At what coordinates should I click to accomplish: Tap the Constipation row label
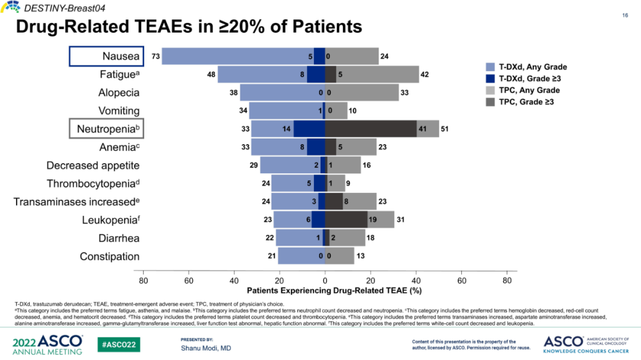[110, 256]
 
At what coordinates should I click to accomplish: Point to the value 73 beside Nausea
[156, 56]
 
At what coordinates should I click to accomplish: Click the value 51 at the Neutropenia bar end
[445, 129]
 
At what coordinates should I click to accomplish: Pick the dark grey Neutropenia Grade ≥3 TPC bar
[370, 129]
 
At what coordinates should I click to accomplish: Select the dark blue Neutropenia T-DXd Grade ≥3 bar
[309, 129]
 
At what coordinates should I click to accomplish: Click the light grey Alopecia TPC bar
[362, 93]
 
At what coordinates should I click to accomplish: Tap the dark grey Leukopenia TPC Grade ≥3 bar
[346, 220]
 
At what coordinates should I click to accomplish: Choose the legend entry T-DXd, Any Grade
[532, 67]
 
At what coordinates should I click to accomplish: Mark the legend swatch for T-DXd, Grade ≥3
[490, 79]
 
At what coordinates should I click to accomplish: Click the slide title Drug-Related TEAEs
[188, 27]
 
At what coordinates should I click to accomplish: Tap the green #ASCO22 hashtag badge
[119, 344]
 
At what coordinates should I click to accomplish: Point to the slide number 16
[625, 15]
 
